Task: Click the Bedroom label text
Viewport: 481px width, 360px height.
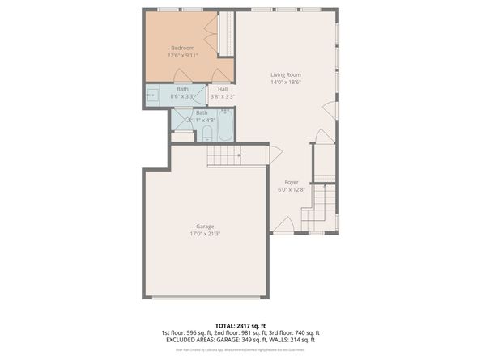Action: [x=182, y=48]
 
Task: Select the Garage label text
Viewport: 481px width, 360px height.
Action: [x=206, y=226]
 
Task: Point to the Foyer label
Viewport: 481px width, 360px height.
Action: [x=291, y=182]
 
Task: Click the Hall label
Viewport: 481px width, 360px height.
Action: [x=222, y=89]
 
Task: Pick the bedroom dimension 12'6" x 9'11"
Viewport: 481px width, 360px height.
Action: [x=183, y=56]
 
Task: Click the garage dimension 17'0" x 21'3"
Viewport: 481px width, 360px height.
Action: [x=206, y=234]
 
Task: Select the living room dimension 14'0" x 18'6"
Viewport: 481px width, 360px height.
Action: [x=286, y=83]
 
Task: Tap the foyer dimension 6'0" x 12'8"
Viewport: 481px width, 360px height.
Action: [x=291, y=190]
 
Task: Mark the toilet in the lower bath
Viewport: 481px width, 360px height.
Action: [x=206, y=133]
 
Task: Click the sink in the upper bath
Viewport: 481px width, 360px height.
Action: [x=152, y=95]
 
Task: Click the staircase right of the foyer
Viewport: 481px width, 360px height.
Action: [x=323, y=201]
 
